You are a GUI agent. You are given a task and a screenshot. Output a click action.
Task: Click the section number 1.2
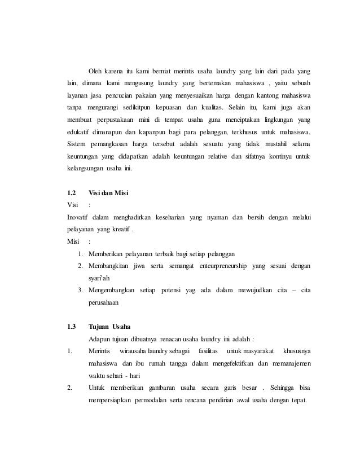72,195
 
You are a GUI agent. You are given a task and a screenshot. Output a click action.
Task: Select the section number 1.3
72,327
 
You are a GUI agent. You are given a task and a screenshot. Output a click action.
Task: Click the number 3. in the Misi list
82,290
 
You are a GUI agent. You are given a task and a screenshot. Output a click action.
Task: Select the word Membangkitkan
115,265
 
